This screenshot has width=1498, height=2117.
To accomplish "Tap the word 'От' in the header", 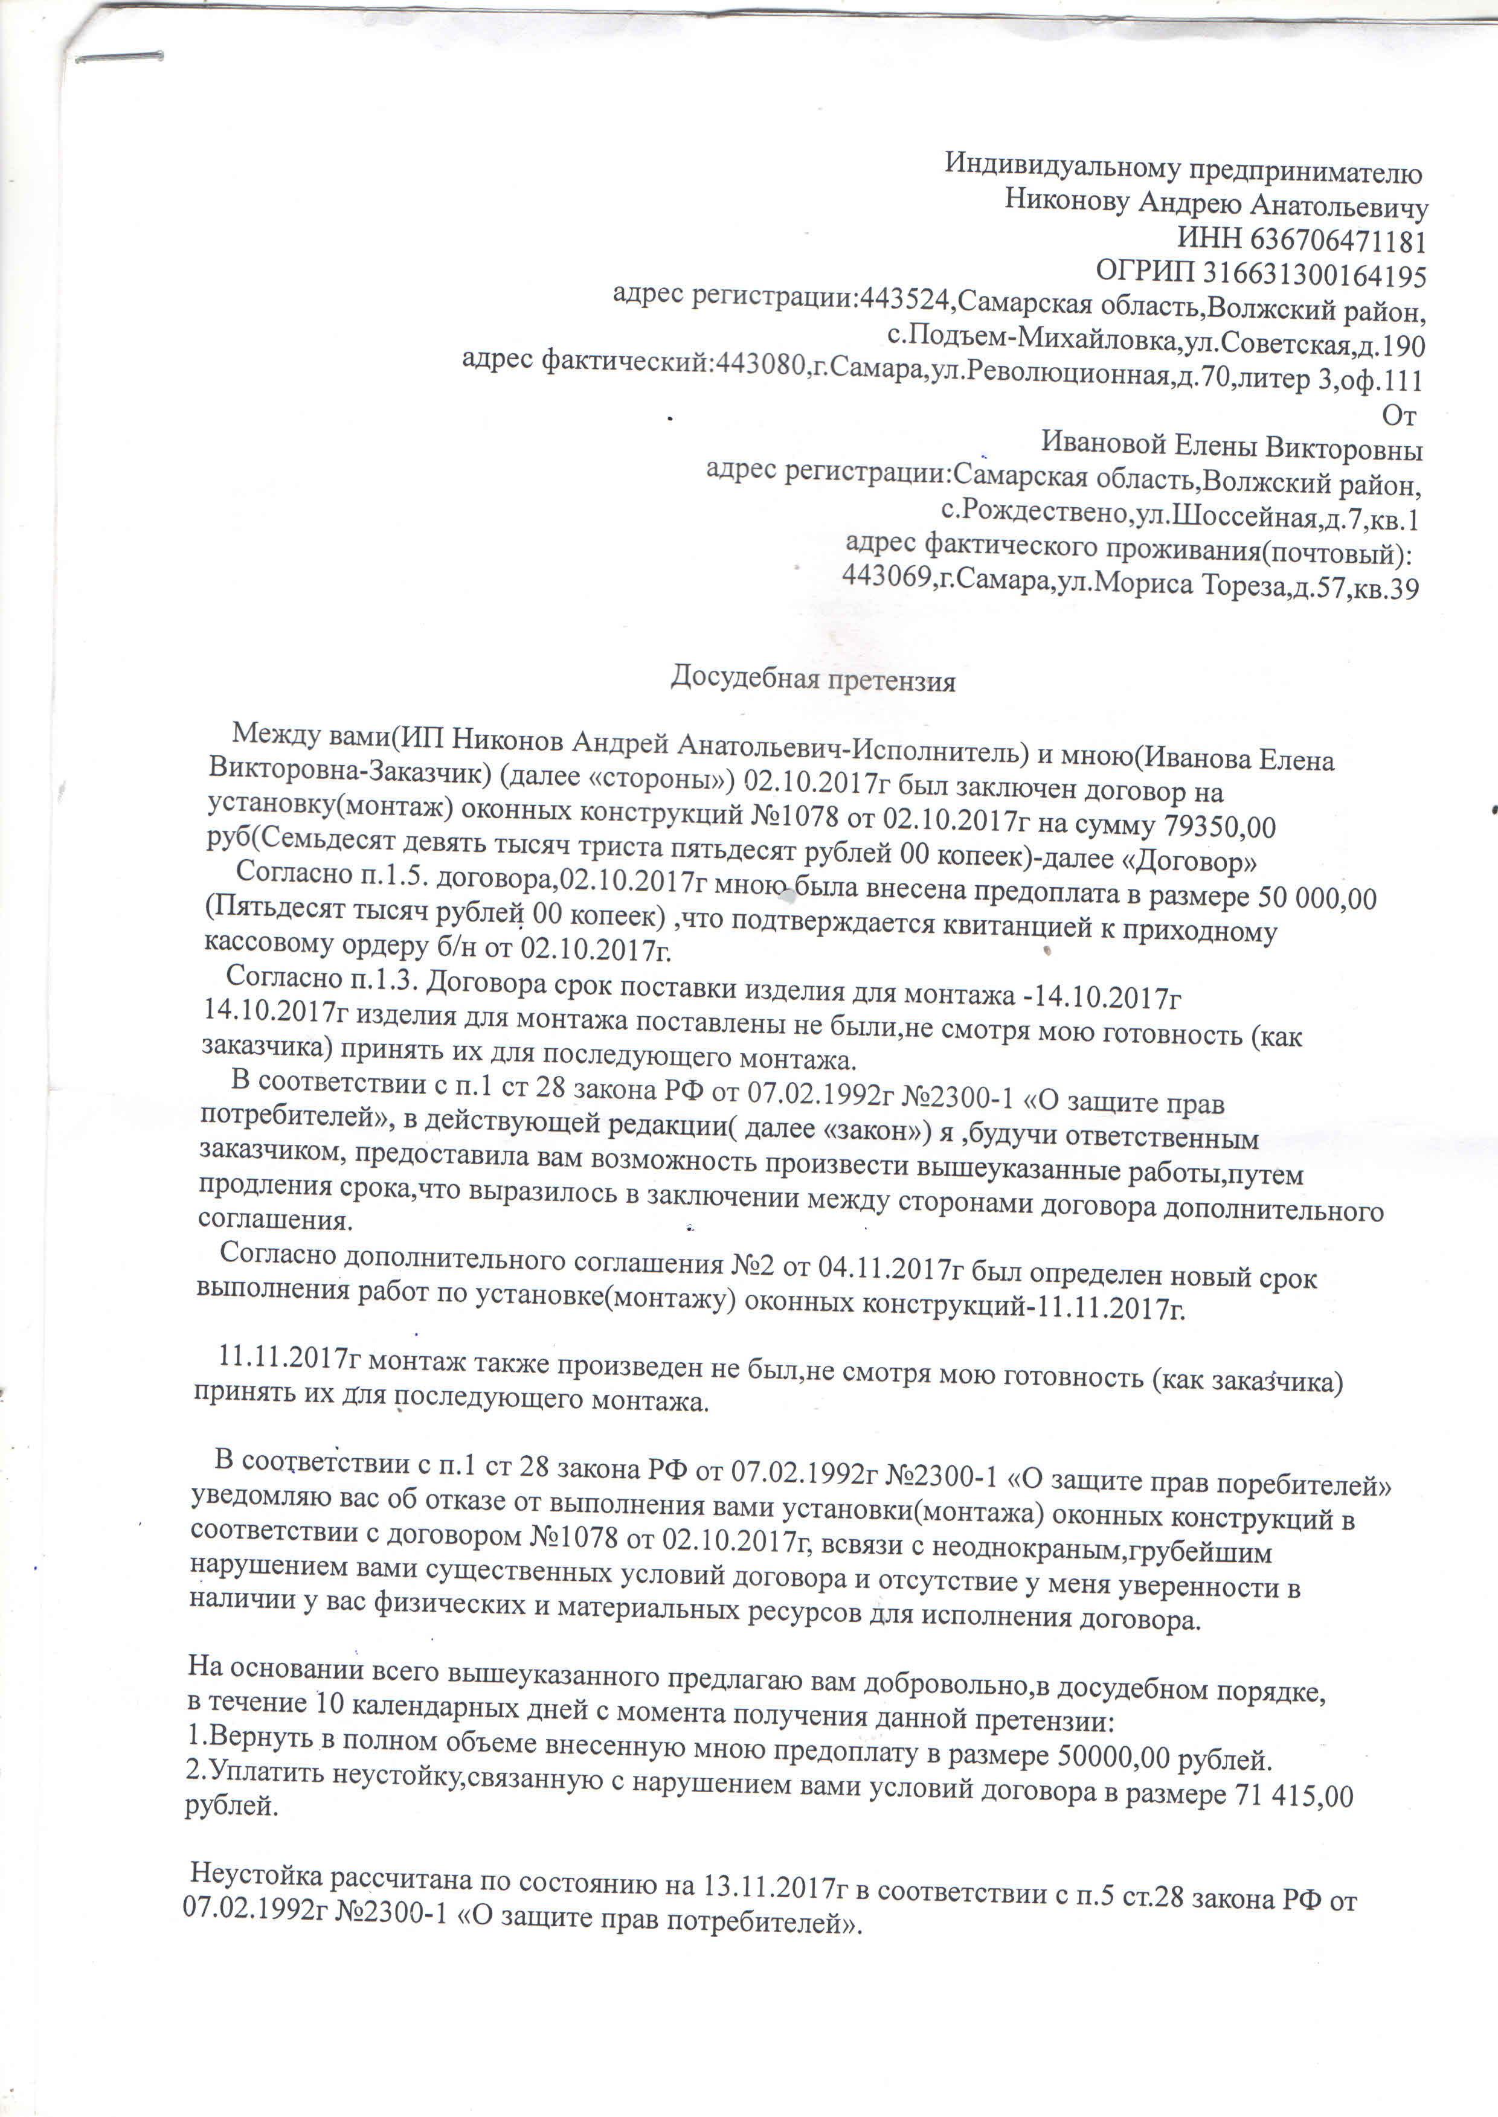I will (x=1398, y=416).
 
